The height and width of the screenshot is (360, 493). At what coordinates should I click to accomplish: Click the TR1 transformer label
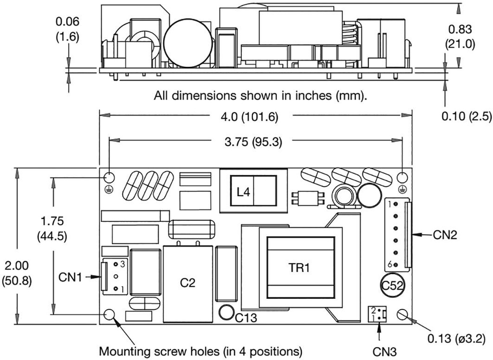coord(299,268)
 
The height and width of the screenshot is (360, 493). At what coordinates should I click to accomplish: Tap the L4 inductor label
coord(244,192)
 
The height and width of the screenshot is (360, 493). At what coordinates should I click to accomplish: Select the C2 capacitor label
coord(188,283)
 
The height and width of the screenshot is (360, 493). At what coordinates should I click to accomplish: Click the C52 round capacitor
coord(392,285)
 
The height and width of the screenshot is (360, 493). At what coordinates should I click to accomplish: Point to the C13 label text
coord(246,318)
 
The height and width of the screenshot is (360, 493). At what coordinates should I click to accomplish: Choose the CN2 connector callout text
coord(445,235)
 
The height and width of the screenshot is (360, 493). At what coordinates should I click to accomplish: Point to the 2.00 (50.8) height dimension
coord(17,273)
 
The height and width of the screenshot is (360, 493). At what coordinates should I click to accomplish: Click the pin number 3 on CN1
coord(122,265)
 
